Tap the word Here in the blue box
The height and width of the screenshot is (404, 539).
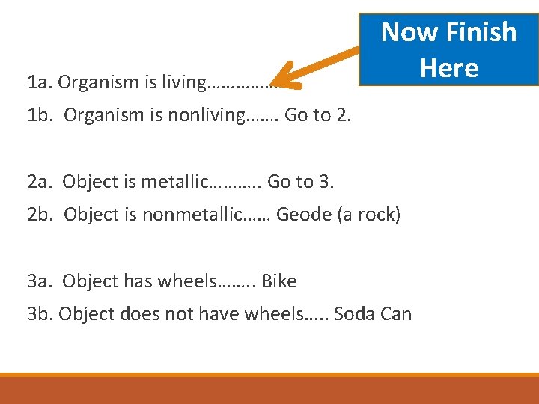click(x=449, y=67)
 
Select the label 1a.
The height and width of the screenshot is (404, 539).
click(x=39, y=82)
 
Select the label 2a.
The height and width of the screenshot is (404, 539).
click(x=40, y=182)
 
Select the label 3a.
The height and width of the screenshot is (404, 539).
click(x=40, y=281)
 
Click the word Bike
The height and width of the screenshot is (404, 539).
click(x=278, y=281)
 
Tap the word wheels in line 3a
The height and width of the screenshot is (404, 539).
click(x=187, y=281)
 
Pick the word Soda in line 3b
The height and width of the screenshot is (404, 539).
click(x=354, y=313)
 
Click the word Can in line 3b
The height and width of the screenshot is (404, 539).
click(x=396, y=313)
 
